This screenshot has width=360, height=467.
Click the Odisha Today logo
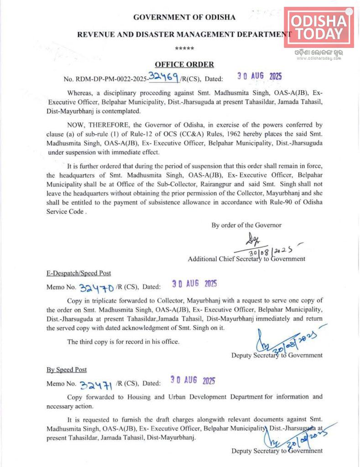click(x=318, y=27)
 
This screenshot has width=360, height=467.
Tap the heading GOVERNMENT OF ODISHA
click(x=184, y=17)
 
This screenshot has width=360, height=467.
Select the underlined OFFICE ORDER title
click(x=184, y=65)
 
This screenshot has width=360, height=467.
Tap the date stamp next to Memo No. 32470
click(x=194, y=285)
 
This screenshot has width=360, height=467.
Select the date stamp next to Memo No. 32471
click(x=193, y=380)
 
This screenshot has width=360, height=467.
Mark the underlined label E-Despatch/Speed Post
click(x=78, y=273)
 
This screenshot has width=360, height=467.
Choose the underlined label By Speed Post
click(x=67, y=369)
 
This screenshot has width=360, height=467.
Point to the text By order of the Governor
click(x=246, y=225)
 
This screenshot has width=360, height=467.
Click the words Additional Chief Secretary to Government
click(x=246, y=259)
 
